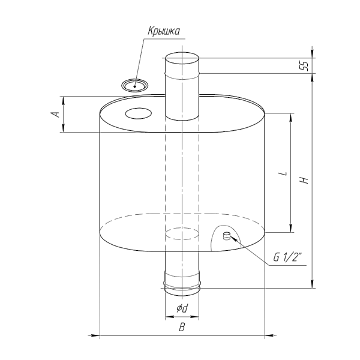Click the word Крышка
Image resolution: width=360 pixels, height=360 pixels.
click(x=164, y=31)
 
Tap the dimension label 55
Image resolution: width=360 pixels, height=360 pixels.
click(x=304, y=66)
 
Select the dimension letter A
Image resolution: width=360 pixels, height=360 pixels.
click(x=56, y=114)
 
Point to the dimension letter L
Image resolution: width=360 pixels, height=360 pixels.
click(x=284, y=173)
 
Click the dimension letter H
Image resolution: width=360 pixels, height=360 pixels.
click(x=305, y=181)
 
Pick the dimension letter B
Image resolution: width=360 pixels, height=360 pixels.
click(x=182, y=327)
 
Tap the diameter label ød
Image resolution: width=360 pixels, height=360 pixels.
click(x=182, y=308)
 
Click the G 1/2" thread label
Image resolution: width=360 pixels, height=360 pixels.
click(x=287, y=257)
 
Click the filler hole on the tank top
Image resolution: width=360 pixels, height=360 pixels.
click(x=138, y=113)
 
